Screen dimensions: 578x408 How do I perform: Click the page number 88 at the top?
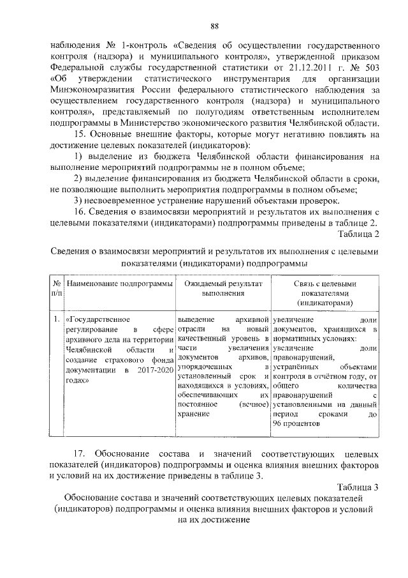click(214, 26)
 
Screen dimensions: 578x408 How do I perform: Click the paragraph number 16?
click(81, 212)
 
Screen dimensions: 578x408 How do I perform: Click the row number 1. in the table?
click(57, 317)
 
